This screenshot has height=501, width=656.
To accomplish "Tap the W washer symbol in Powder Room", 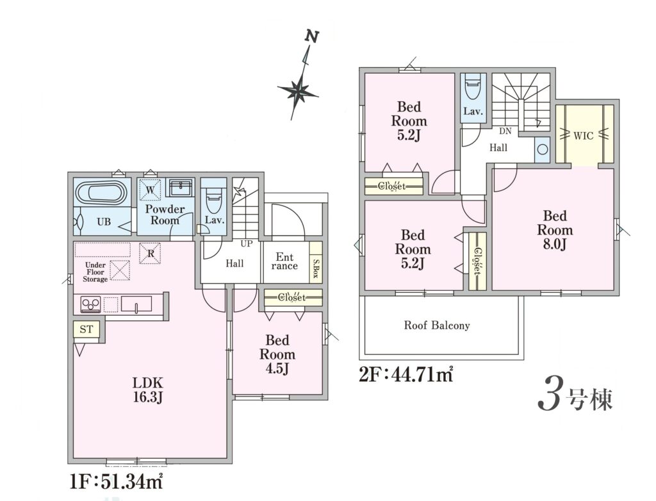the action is pyautogui.click(x=150, y=190).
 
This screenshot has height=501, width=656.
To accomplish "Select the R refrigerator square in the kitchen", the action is pyautogui.click(x=150, y=254).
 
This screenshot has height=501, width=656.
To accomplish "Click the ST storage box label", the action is pyautogui.click(x=86, y=329).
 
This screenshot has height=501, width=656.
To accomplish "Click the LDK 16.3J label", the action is pyautogui.click(x=147, y=390).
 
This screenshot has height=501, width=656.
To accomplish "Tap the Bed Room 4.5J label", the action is pyautogui.click(x=277, y=354).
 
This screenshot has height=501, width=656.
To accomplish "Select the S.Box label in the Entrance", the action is pyautogui.click(x=316, y=269).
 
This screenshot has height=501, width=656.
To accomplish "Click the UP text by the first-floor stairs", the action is pyautogui.click(x=246, y=243).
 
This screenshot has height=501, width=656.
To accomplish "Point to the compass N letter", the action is pyautogui.click(x=312, y=37).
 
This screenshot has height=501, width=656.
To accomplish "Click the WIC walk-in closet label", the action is pyautogui.click(x=583, y=136).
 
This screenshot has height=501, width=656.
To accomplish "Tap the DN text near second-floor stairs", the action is pyautogui.click(x=505, y=131).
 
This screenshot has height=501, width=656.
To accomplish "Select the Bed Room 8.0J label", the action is pyautogui.click(x=555, y=230).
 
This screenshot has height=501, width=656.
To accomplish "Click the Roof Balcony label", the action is pyautogui.click(x=437, y=325).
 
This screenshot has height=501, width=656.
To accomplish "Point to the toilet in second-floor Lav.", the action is pyautogui.click(x=473, y=87).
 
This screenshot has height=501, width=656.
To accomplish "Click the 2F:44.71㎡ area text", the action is pyautogui.click(x=406, y=374).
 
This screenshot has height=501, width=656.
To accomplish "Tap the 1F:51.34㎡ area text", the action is pyautogui.click(x=116, y=481).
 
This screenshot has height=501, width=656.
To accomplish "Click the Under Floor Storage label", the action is pyautogui.click(x=95, y=272).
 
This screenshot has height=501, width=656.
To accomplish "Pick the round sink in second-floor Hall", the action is pyautogui.click(x=543, y=149).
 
